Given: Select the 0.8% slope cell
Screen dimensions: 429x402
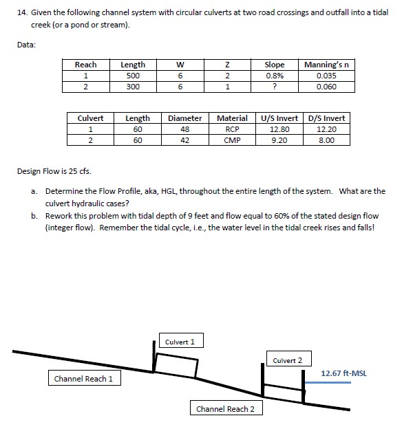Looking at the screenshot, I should (275, 76).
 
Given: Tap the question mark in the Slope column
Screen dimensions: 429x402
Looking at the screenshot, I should (275, 87).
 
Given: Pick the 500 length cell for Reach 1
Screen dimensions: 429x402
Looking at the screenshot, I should (133, 76).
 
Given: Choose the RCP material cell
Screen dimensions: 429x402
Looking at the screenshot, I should (232, 129).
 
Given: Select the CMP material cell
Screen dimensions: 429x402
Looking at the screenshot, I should (232, 140).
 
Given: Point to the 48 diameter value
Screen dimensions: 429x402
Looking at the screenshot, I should (184, 129).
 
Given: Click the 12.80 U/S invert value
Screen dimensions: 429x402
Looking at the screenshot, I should (279, 129).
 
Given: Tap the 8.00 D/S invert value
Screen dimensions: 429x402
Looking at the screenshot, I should (326, 140).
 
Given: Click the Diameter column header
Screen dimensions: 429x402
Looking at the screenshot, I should (184, 118).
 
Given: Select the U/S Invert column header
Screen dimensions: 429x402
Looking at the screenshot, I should (279, 118).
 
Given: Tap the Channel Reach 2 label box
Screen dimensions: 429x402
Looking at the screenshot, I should (225, 409).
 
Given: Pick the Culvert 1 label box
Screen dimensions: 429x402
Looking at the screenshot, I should (180, 342).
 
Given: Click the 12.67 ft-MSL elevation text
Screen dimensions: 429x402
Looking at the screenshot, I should (344, 373).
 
